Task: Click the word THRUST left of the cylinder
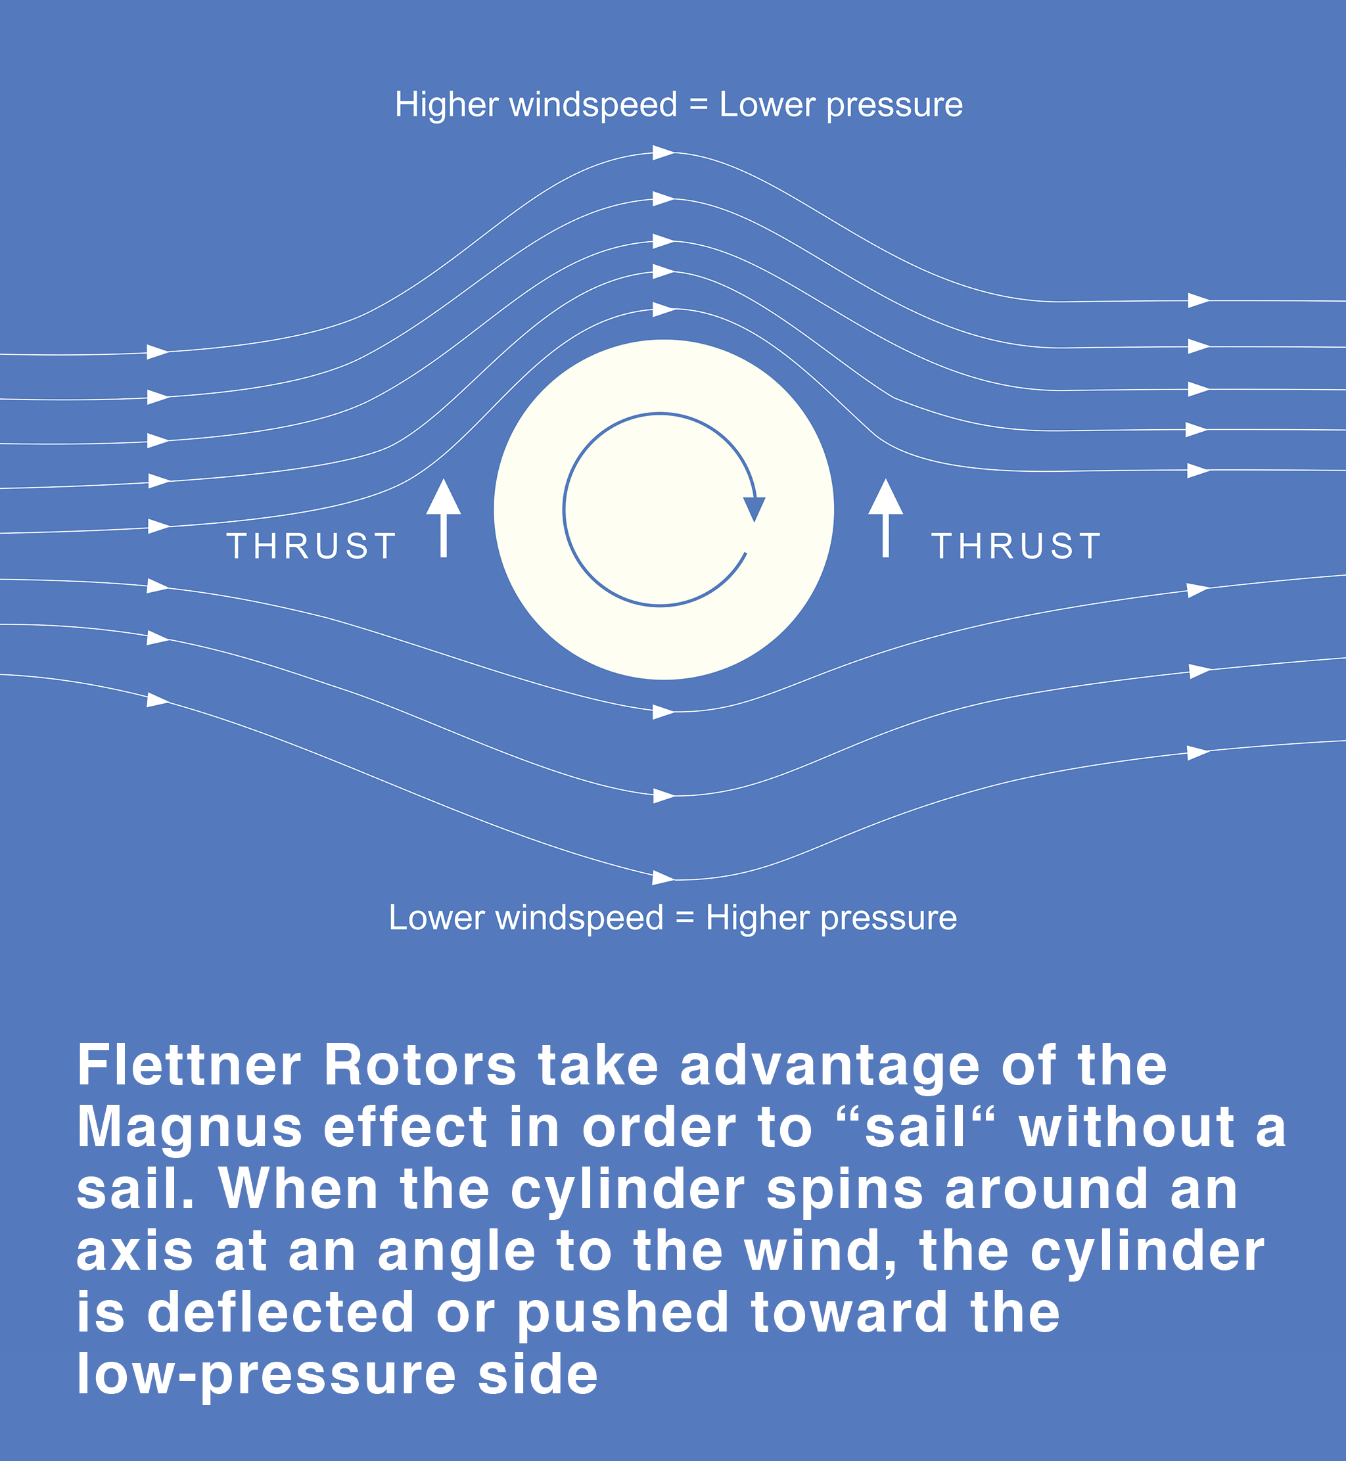point(312,545)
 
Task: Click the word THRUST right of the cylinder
point(1016,545)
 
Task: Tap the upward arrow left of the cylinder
point(444,518)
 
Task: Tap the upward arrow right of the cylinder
point(886,518)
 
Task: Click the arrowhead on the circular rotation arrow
point(754,509)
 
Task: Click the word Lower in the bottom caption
point(436,917)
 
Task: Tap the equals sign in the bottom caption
point(685,917)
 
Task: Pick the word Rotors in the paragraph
point(420,1065)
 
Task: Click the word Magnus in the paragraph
point(189,1129)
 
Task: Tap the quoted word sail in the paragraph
point(915,1126)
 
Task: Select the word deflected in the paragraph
point(281,1312)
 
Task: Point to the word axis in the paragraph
point(135,1252)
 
